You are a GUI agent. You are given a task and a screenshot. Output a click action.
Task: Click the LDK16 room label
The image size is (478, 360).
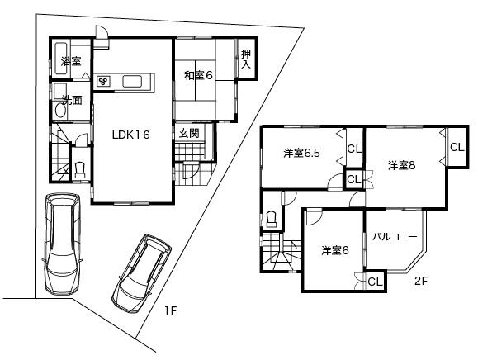[125, 137]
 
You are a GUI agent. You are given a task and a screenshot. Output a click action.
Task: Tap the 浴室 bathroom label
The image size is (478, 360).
[71, 61]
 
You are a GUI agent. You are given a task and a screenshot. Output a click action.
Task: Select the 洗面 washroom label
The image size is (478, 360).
[72, 101]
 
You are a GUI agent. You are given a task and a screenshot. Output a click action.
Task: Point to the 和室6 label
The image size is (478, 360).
[198, 75]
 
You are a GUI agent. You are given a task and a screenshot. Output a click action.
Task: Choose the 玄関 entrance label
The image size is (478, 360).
[188, 133]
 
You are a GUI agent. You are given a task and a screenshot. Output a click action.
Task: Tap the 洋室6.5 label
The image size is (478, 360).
[301, 153]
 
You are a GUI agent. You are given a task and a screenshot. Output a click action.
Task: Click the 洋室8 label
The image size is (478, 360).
[401, 165]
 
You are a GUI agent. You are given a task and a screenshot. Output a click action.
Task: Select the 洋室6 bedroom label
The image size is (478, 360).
[335, 250]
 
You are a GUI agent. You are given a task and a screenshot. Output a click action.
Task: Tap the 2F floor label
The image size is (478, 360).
[421, 281]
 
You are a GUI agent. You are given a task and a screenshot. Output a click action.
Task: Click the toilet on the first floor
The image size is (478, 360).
[80, 169]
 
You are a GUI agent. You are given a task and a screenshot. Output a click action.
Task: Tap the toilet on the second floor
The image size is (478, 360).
[272, 219]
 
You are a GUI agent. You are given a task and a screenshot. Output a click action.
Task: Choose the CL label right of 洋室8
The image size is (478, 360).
[457, 147]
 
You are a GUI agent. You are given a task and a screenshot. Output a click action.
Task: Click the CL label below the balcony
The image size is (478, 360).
[375, 282]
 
